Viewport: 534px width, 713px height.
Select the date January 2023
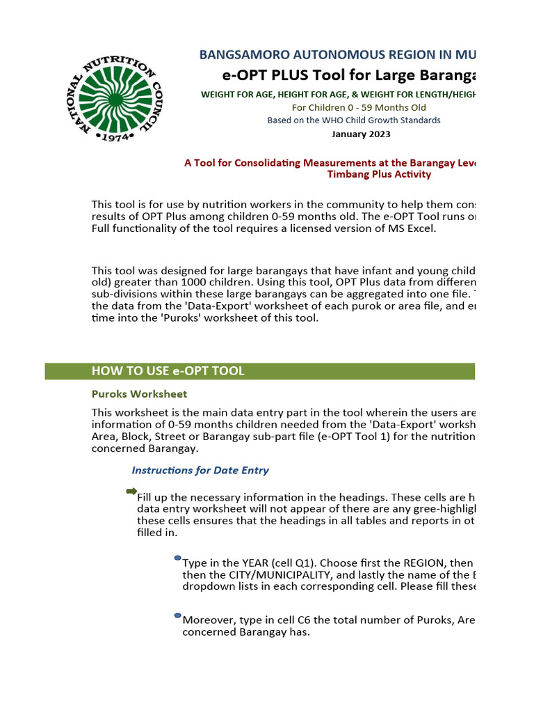pyautogui.click(x=361, y=134)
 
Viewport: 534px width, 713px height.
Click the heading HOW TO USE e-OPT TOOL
pyautogui.click(x=168, y=371)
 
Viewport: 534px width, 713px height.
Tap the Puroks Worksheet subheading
pyautogui.click(x=139, y=394)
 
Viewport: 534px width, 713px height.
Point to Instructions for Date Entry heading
pyautogui.click(x=200, y=470)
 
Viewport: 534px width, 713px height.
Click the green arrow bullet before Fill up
pyautogui.click(x=131, y=492)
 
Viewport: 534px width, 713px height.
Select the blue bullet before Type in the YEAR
pyautogui.click(x=177, y=558)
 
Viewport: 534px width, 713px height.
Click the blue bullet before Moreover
pyautogui.click(x=177, y=616)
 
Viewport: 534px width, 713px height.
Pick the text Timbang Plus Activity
pyautogui.click(x=379, y=174)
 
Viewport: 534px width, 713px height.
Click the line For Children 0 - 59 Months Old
pyautogui.click(x=359, y=107)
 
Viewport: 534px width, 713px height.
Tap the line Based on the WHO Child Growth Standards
pyautogui.click(x=354, y=120)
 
